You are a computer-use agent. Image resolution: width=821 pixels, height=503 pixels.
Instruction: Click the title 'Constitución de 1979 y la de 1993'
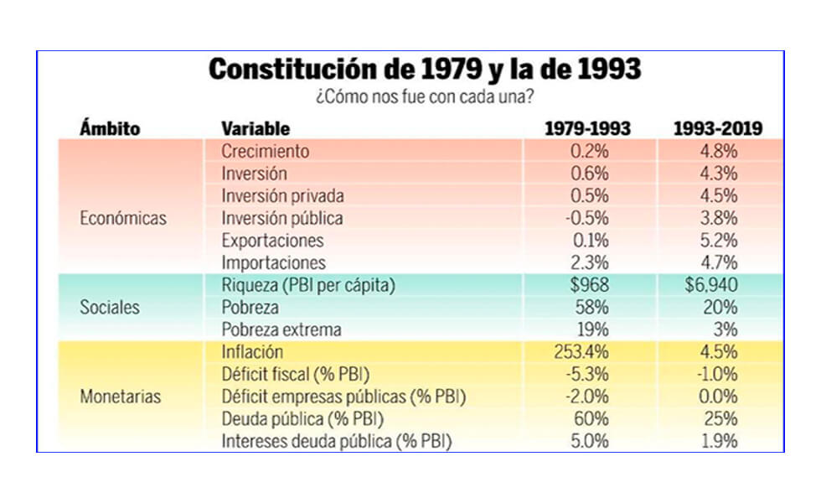pyautogui.click(x=425, y=70)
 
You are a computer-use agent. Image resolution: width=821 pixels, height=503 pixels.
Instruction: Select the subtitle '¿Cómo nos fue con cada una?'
pyautogui.click(x=425, y=97)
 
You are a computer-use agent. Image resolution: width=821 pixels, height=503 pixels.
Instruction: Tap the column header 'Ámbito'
pyautogui.click(x=110, y=129)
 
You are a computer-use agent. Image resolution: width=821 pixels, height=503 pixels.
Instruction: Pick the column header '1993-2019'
pyautogui.click(x=718, y=129)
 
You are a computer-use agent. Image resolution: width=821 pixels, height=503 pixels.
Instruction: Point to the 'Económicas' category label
pyautogui.click(x=123, y=218)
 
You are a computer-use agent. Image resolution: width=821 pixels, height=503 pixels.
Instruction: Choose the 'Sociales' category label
pyautogui.click(x=110, y=307)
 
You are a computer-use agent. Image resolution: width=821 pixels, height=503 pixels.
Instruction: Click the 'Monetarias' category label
pyautogui.click(x=120, y=397)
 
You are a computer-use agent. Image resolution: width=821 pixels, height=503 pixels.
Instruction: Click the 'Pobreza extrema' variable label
pyautogui.click(x=281, y=329)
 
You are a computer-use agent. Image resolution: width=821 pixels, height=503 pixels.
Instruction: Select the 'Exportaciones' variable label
pyautogui.click(x=272, y=241)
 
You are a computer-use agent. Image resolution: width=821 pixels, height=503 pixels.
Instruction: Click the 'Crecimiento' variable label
pyautogui.click(x=266, y=152)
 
